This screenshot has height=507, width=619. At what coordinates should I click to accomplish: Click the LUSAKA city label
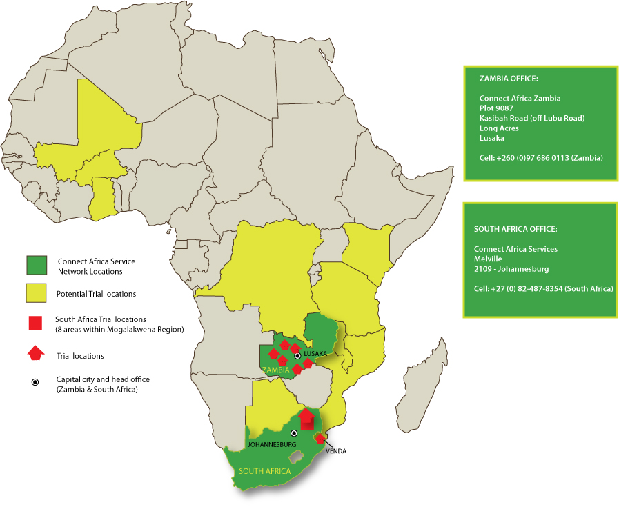tap(315, 354)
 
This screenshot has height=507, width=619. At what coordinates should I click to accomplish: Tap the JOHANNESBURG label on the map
tap(271, 445)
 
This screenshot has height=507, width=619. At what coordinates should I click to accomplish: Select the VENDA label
tap(335, 451)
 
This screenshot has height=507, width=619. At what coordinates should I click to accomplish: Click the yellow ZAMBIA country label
tap(276, 370)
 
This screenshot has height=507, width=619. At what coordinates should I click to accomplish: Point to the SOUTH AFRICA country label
tap(265, 471)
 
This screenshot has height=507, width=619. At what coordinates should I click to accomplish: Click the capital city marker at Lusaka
tap(298, 355)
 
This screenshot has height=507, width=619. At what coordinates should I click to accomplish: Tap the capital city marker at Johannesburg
tap(294, 433)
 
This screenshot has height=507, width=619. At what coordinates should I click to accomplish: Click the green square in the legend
tap(36, 265)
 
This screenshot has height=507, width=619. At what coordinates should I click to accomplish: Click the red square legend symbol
tap(36, 324)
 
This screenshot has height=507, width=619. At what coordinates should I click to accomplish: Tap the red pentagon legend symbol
tap(36, 355)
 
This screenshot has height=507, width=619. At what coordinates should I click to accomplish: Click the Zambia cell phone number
tap(541, 158)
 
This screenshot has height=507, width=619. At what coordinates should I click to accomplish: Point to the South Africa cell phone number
tap(543, 288)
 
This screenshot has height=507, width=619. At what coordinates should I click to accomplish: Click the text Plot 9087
tap(496, 108)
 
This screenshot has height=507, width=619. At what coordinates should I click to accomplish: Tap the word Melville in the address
tap(489, 259)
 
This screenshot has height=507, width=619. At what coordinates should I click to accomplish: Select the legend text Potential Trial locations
tap(96, 294)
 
